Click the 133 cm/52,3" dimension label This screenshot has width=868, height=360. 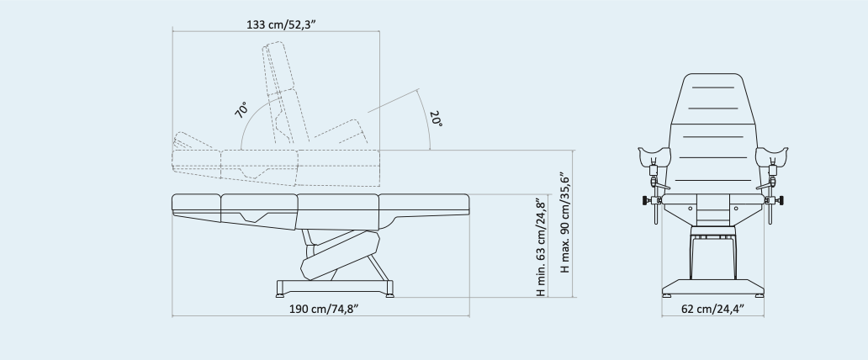[281, 24]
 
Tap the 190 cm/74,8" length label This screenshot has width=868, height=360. [324, 309]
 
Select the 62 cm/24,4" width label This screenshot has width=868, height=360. [712, 309]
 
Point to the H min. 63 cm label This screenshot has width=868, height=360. [542, 246]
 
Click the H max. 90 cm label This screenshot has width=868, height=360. [564, 223]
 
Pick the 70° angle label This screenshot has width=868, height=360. [241, 109]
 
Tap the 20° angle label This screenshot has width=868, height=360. [437, 119]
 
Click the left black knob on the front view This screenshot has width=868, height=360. [645, 200]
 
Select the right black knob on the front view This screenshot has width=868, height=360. [780, 200]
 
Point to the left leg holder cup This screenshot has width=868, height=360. [654, 156]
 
